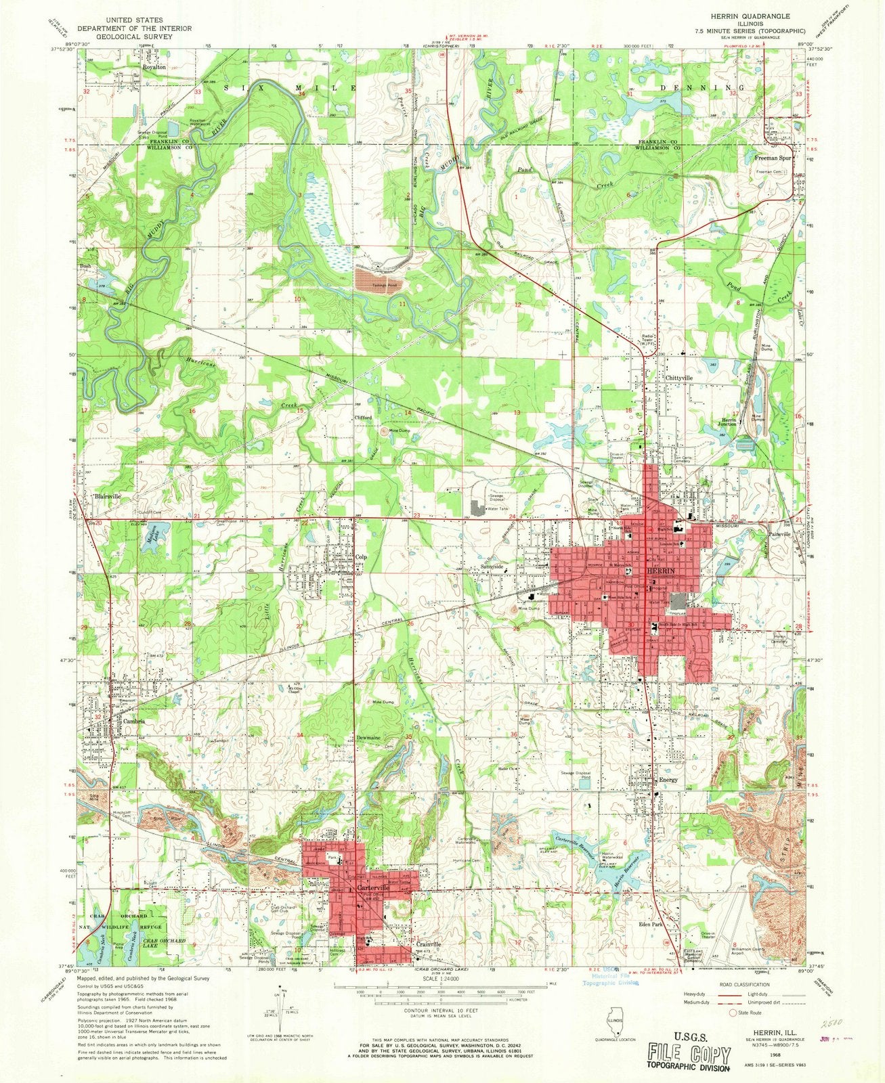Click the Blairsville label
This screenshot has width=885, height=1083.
point(108,496)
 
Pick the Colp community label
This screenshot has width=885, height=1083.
point(361,558)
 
